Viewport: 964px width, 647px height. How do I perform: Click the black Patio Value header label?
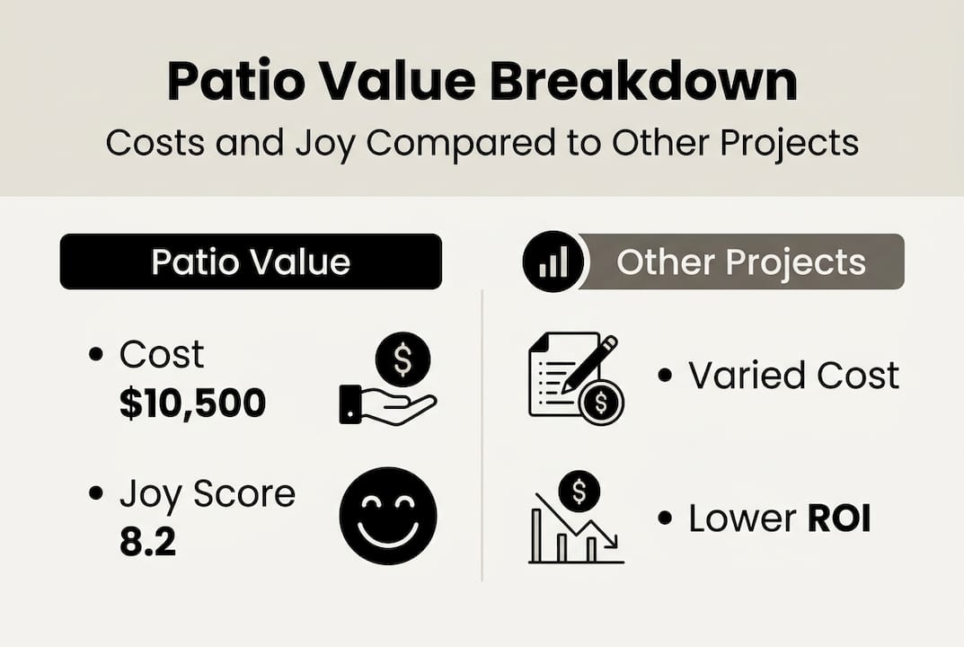tap(251, 261)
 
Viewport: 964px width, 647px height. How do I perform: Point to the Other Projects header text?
tap(741, 261)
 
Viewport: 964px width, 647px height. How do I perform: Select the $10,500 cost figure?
tap(192, 403)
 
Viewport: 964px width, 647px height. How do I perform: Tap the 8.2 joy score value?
tap(147, 542)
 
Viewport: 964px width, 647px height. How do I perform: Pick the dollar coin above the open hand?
tap(402, 359)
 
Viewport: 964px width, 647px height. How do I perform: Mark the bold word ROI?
tap(838, 518)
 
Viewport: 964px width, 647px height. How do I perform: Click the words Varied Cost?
tap(793, 376)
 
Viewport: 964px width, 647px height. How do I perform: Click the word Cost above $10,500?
tap(162, 356)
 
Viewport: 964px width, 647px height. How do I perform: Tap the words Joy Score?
tap(208, 494)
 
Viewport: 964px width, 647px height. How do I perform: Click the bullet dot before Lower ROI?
tap(665, 519)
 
